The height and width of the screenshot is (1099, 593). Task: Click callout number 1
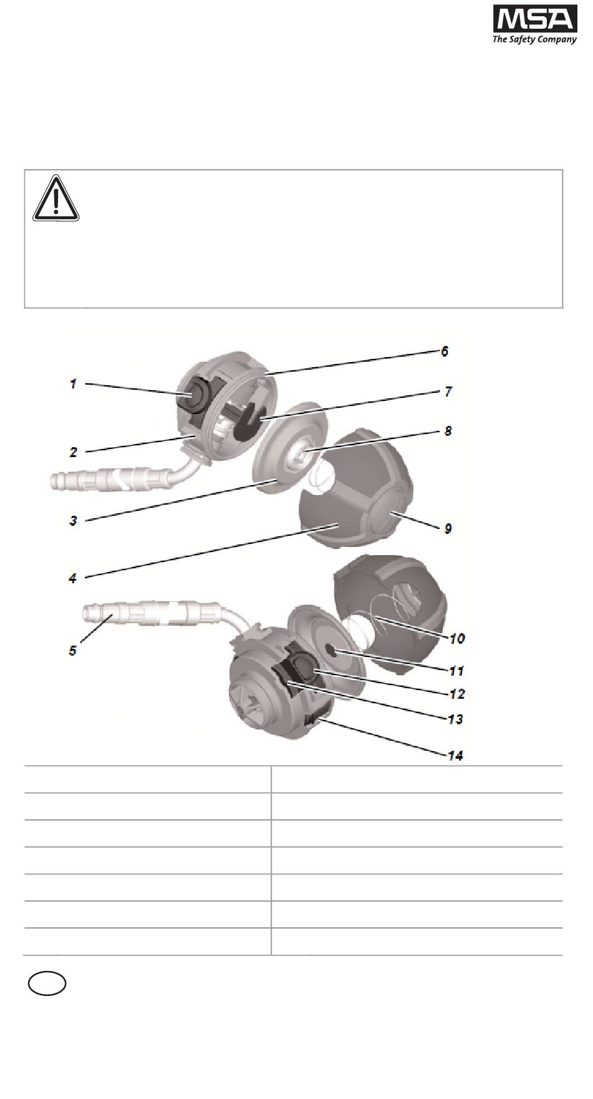pos(73,384)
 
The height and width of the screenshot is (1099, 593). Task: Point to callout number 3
pos(73,520)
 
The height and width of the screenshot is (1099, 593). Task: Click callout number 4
pos(73,578)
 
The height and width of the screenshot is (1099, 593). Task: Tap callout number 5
pos(73,651)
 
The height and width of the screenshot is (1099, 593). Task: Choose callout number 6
pos(444,352)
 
